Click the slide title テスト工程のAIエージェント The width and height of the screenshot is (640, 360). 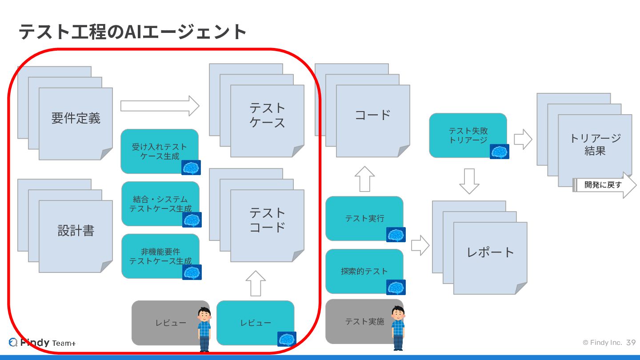point(132,32)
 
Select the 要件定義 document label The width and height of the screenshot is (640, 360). point(76,118)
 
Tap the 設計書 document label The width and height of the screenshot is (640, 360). point(76,231)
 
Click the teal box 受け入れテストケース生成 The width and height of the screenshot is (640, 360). point(159,151)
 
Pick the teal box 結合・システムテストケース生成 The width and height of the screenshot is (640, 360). point(160,204)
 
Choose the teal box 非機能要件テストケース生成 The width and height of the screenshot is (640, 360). point(160,256)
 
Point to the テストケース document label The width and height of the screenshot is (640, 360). point(267,115)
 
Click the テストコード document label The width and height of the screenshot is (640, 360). point(267,220)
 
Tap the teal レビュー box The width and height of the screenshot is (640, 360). point(255,323)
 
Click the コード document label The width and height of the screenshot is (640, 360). point(372,115)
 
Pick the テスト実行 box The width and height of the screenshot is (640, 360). point(364,218)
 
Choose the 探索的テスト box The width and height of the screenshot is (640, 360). point(364,271)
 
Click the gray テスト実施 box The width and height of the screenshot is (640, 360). point(364,321)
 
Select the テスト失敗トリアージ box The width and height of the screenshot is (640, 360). point(468,135)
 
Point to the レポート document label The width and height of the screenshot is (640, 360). point(490,252)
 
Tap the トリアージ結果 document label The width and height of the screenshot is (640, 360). point(595,144)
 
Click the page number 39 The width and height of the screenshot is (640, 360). point(631,343)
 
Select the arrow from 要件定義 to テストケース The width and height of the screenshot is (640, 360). point(160,106)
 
